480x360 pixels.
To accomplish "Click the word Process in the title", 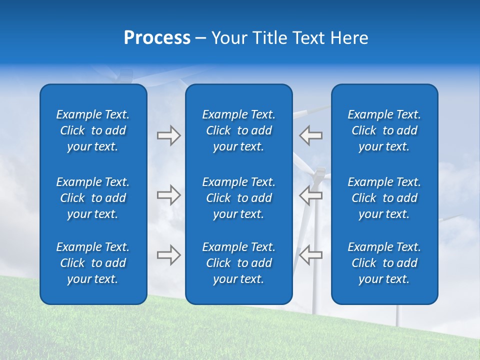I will [157, 38].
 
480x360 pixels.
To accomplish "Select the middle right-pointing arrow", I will [168, 195].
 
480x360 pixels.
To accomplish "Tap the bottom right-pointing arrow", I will [168, 254].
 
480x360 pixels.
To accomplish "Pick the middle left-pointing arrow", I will [311, 195].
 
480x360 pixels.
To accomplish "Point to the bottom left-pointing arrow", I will [311, 254].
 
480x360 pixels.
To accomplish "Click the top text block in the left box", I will [93, 130].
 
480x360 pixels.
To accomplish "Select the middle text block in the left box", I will [93, 198].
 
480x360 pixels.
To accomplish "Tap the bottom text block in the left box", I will [93, 263].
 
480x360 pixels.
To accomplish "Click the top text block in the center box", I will [238, 130].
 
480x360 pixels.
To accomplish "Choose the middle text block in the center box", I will [238, 198].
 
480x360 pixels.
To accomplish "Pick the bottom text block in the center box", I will [238, 263].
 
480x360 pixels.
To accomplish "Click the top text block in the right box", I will [384, 130].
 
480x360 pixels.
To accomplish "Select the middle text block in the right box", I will [384, 198].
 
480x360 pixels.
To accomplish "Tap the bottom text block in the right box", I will [384, 263].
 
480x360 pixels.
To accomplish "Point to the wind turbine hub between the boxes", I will [318, 172].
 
